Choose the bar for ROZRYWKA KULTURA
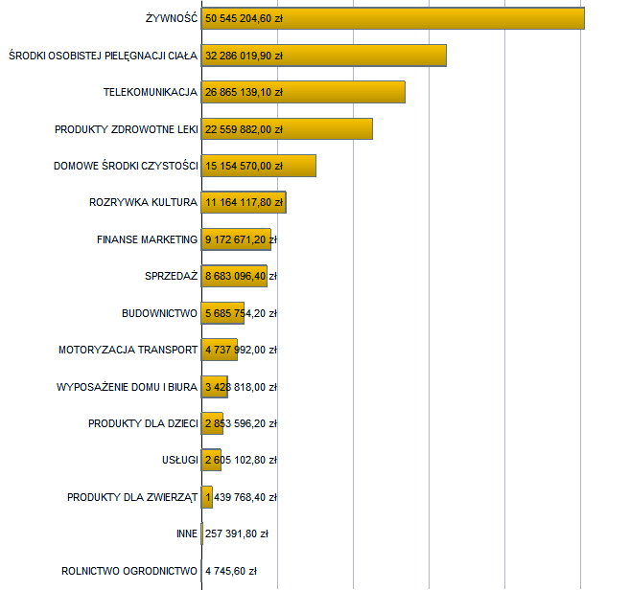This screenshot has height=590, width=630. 244,202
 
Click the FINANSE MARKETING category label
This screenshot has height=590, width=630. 147,239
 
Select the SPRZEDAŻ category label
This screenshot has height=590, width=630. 171,276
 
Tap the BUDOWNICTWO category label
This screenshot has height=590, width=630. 159,313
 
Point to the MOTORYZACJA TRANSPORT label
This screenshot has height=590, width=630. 128,350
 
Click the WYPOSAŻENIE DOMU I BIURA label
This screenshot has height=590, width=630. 128,387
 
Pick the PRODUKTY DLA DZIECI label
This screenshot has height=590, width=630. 143,423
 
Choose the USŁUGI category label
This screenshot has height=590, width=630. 180,461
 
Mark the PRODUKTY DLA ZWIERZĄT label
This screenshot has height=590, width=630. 132,497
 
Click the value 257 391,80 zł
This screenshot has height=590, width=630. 237,534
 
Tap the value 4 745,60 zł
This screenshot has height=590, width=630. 231,571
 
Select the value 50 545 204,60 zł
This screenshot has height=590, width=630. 244,18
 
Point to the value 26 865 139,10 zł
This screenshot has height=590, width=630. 244,92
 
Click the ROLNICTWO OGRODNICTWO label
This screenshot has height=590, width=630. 129,571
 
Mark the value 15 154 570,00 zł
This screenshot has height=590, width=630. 244,166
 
